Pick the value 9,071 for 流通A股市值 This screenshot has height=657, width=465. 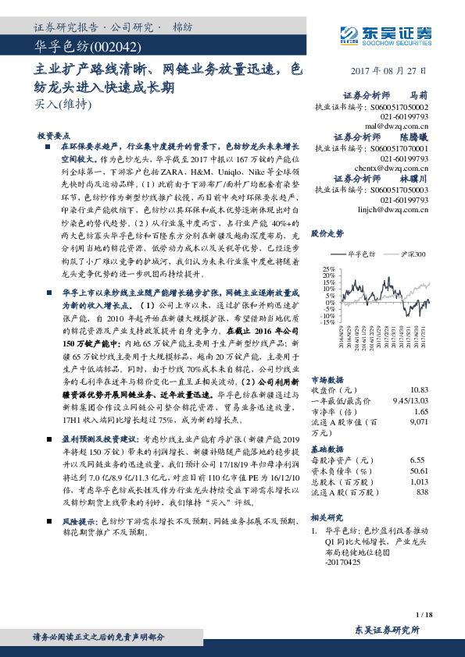(x=418, y=422)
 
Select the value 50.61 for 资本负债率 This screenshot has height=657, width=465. (x=418, y=471)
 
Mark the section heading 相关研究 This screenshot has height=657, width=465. (x=327, y=517)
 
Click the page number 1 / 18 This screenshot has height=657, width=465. (x=424, y=614)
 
